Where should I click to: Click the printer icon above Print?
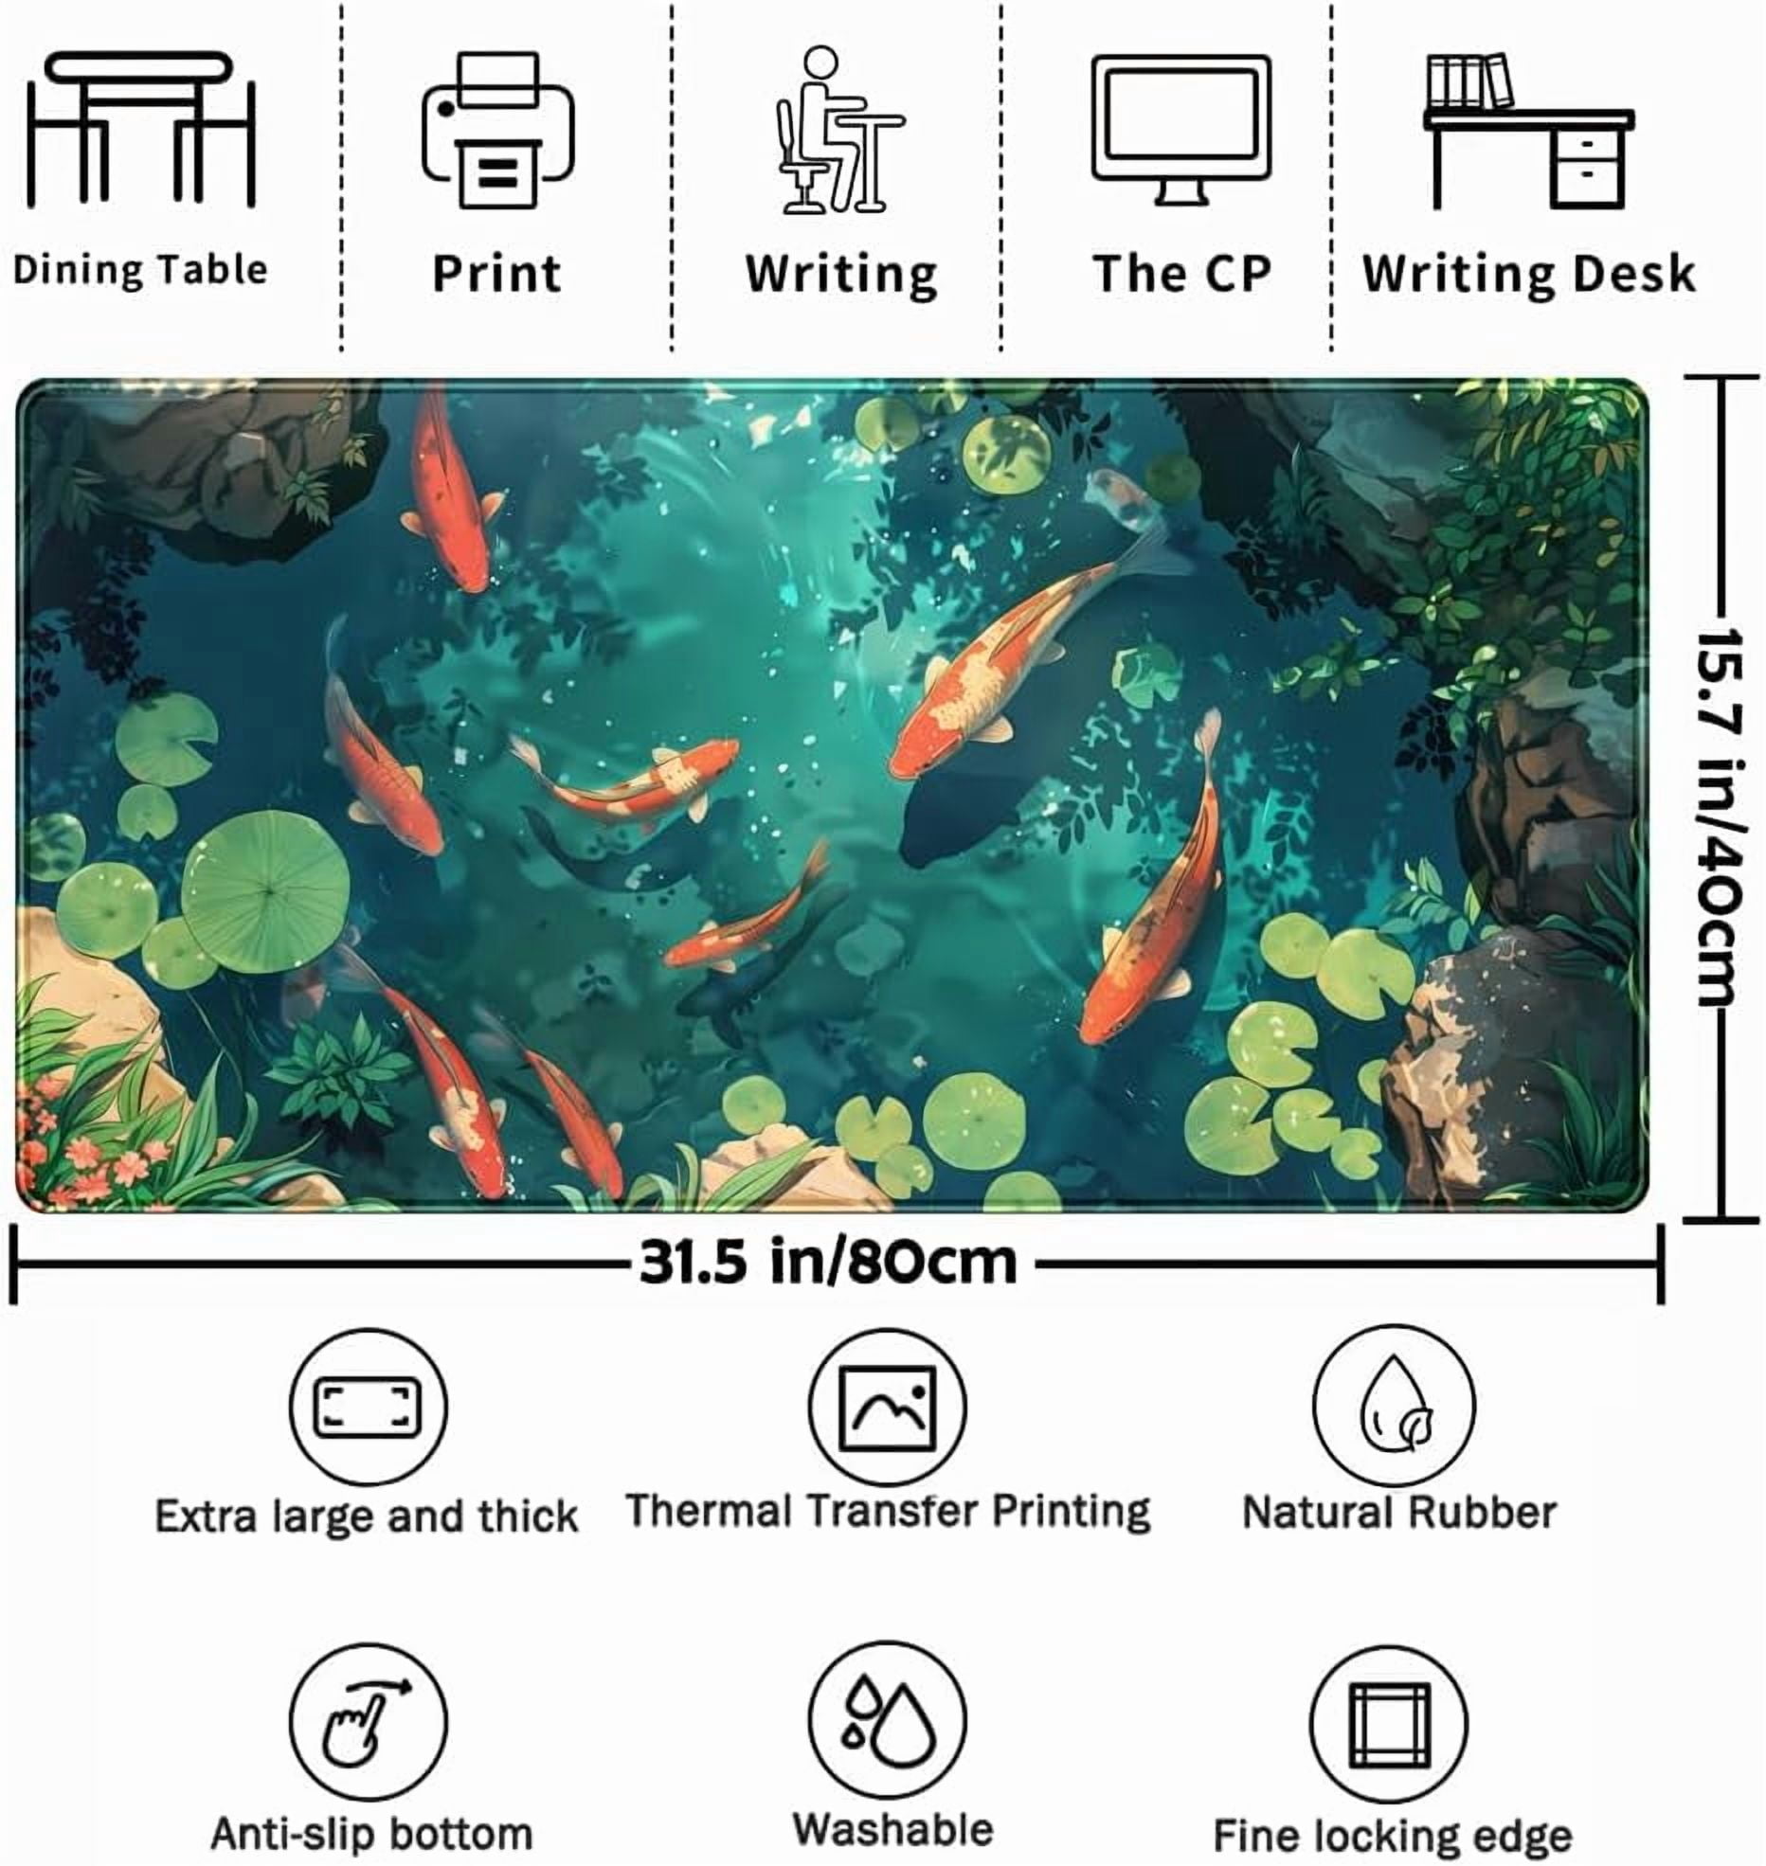(497, 131)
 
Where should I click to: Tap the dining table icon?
(142, 130)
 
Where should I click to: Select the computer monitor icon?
(1180, 130)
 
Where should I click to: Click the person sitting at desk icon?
(839, 130)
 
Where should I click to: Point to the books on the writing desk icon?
(1469, 81)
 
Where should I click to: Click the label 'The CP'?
(1181, 273)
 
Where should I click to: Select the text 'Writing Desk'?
(1528, 273)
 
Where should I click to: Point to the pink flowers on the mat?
(85, 1146)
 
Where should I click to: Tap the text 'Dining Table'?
(140, 270)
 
